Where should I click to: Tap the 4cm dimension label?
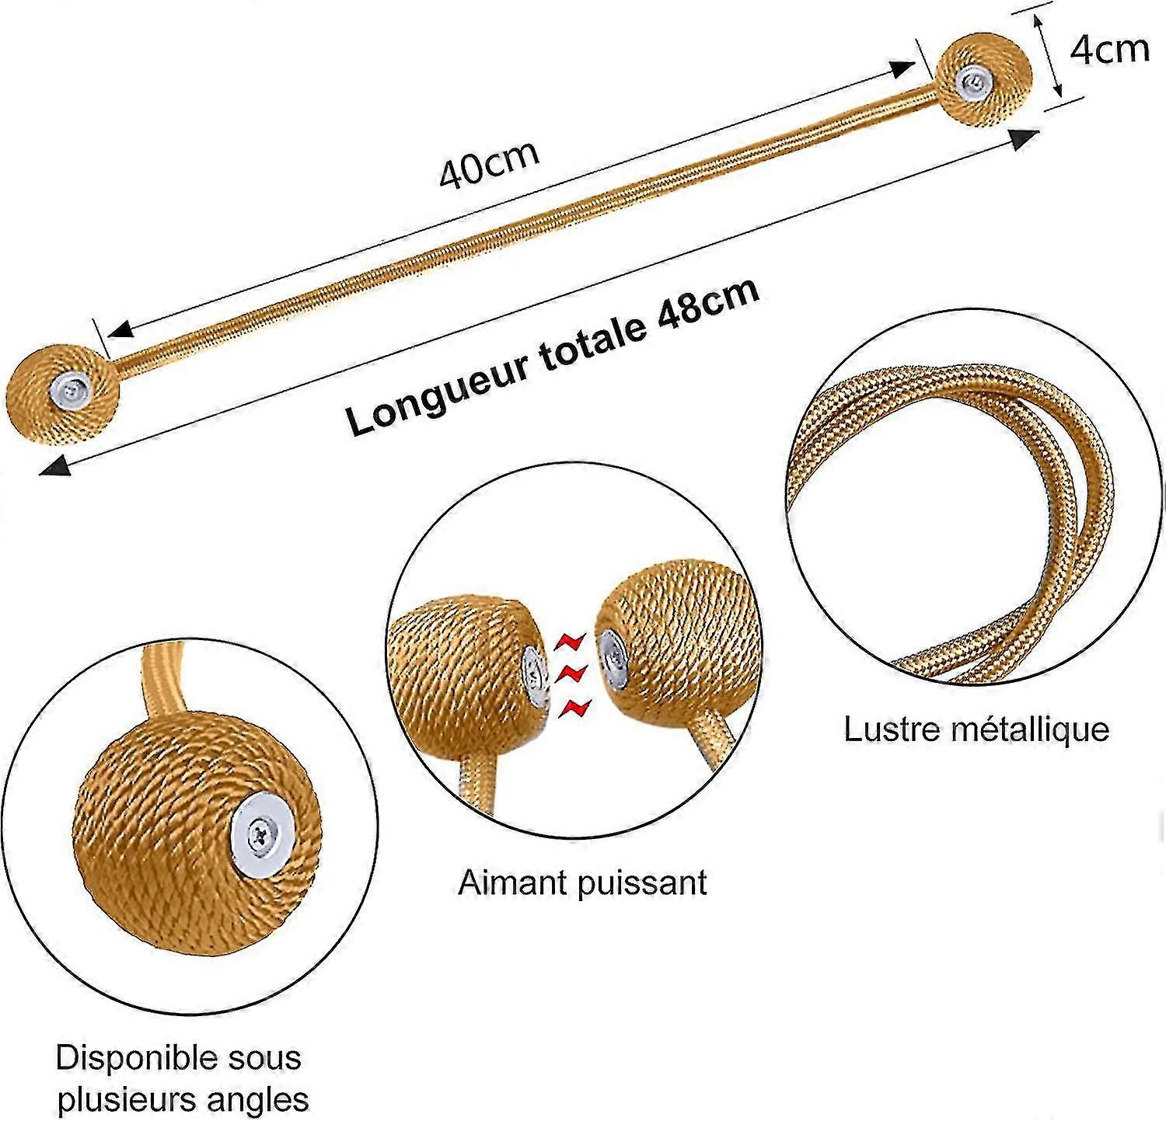tap(1110, 50)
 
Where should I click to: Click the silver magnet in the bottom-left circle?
tap(261, 833)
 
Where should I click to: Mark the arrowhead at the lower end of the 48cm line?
tap(54, 466)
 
